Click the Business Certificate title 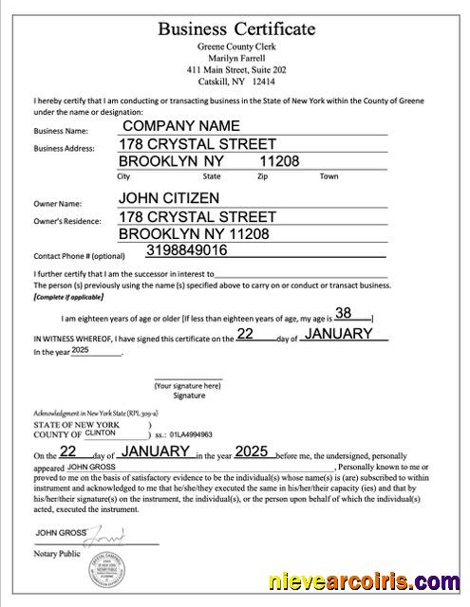(236, 28)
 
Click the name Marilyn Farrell (235, 58)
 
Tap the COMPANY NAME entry (179, 125)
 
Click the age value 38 (344, 313)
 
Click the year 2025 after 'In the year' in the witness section (79, 350)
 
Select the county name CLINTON (101, 432)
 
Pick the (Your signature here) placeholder (188, 386)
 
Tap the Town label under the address (329, 176)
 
